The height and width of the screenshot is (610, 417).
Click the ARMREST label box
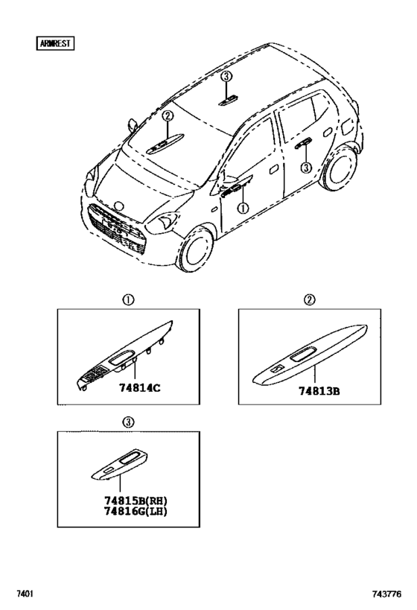click(x=55, y=43)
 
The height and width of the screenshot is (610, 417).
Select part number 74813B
click(x=319, y=391)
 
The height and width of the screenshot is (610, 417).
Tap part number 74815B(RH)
click(x=136, y=501)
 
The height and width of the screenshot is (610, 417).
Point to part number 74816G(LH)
click(x=136, y=511)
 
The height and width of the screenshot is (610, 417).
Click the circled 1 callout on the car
click(x=243, y=208)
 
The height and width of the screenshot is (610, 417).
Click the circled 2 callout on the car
click(x=168, y=115)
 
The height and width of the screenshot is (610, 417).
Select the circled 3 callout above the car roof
click(x=227, y=77)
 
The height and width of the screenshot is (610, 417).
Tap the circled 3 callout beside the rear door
click(x=307, y=168)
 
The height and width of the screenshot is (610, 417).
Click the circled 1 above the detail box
click(x=129, y=300)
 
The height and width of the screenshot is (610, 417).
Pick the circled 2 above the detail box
click(x=310, y=299)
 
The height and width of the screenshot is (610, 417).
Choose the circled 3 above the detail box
click(x=129, y=422)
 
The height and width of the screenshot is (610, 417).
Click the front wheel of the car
click(x=197, y=249)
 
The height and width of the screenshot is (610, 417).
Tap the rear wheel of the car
click(x=340, y=168)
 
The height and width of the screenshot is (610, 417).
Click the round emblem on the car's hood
click(x=118, y=206)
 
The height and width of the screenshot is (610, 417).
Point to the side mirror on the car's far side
click(x=133, y=125)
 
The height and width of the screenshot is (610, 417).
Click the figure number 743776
click(x=386, y=594)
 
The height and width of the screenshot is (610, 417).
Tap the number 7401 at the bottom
click(x=24, y=594)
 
